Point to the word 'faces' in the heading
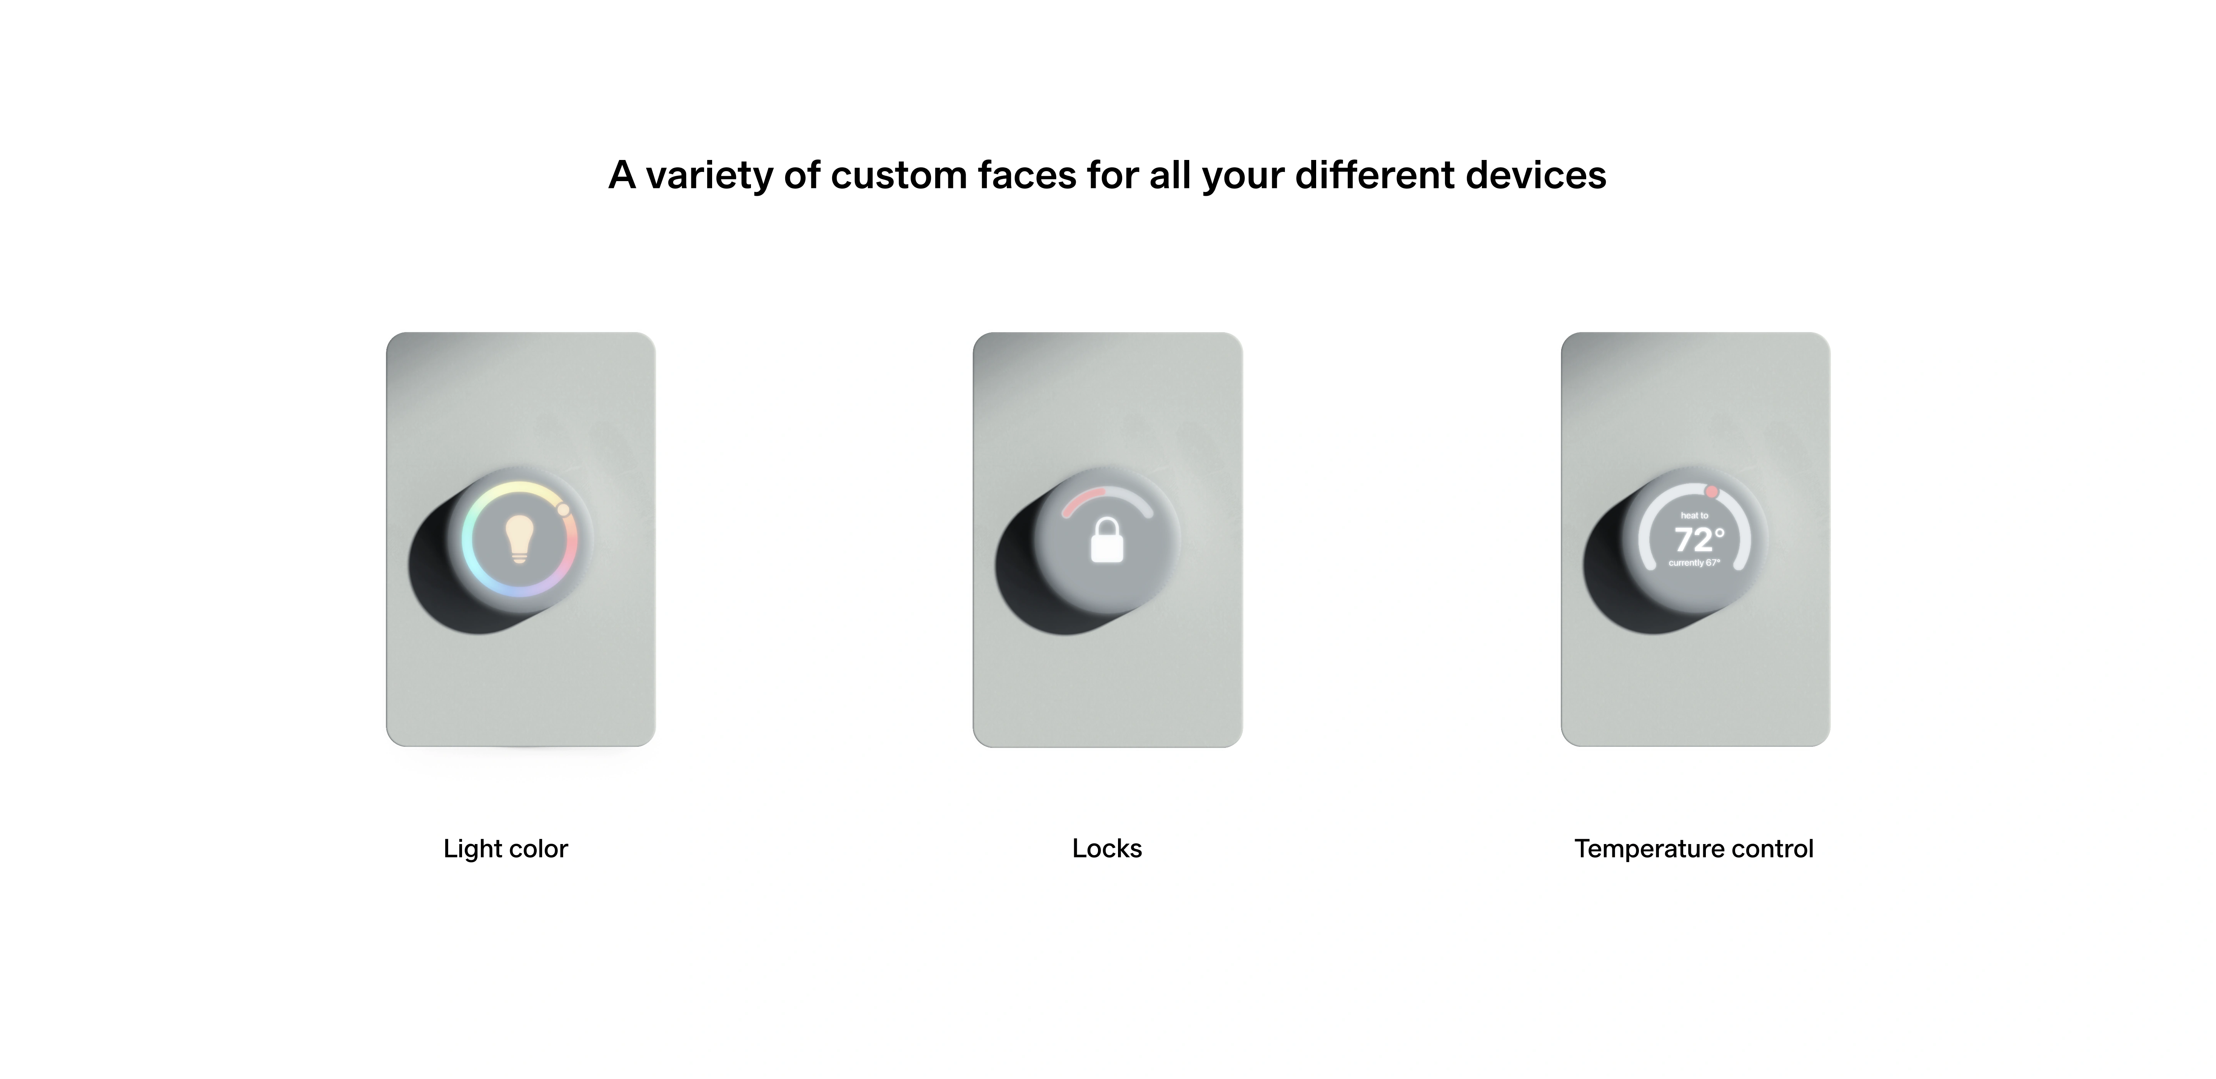(x=1026, y=175)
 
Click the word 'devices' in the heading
(x=1535, y=175)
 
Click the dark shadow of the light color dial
(x=439, y=584)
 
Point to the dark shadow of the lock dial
(x=1025, y=584)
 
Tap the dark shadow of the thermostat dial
(x=1614, y=584)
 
